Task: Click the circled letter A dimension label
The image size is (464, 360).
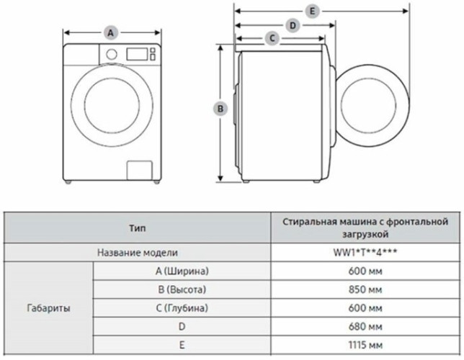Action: (110, 32)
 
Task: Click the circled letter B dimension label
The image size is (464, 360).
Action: (222, 108)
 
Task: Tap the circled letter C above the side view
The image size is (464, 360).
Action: (273, 37)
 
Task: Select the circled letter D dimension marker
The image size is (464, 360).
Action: (292, 25)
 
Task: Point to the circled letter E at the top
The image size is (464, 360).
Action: (311, 11)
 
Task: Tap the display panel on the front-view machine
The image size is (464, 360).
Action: (137, 53)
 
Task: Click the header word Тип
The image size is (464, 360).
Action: (137, 228)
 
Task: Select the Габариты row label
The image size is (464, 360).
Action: (48, 308)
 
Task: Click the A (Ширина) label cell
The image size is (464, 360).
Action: (182, 271)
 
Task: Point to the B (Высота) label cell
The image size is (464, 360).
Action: (182, 289)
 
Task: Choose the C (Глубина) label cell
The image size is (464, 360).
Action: (182, 308)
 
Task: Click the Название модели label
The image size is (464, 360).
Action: (137, 253)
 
